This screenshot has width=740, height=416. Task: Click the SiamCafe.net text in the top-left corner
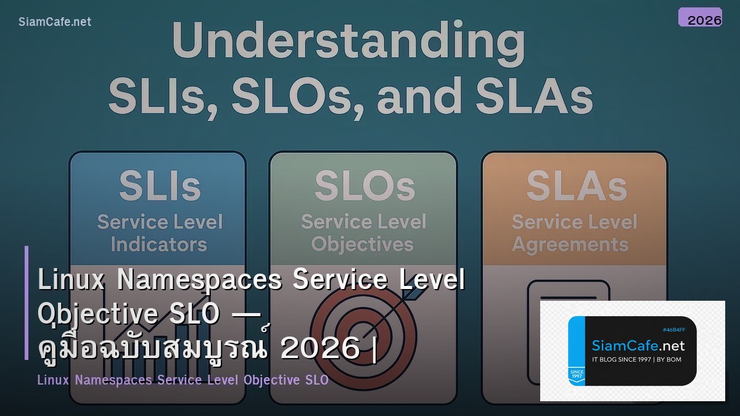[x=55, y=22]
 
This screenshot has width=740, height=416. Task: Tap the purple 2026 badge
[x=700, y=18]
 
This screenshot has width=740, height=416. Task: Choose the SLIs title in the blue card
[x=160, y=186]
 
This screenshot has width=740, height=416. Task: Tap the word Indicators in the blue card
[x=159, y=245]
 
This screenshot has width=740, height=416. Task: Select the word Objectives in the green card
[x=363, y=245]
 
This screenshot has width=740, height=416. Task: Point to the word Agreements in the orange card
[x=570, y=245]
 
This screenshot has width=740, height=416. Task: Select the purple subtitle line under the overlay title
[x=183, y=380]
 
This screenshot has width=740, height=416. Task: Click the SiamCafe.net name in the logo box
[x=638, y=345]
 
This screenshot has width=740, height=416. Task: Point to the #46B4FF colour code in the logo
[x=673, y=330]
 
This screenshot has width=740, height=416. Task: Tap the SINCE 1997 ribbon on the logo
[x=577, y=375]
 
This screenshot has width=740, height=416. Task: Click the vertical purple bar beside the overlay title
[x=27, y=303]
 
